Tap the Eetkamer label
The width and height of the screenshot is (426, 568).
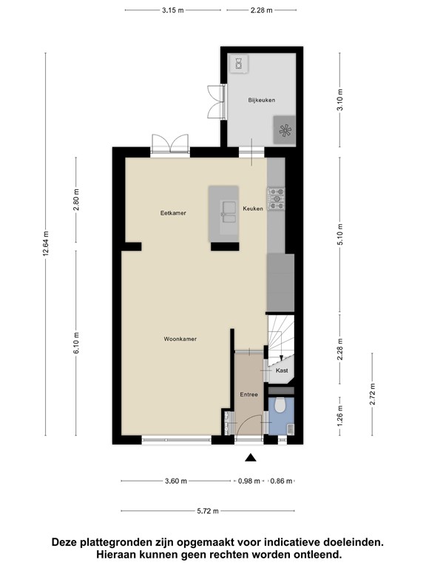[173, 213]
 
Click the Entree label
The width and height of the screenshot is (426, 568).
[248, 394]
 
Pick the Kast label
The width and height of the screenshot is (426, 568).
[282, 371]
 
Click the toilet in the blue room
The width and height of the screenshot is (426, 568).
[280, 406]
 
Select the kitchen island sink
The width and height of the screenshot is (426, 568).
[227, 216]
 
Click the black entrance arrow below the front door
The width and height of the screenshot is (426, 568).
[251, 457]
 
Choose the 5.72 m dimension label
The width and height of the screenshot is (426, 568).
[209, 510]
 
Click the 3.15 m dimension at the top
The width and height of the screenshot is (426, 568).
[172, 11]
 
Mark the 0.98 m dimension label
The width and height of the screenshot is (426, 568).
[249, 481]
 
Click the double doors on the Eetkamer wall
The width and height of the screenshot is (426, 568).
[170, 143]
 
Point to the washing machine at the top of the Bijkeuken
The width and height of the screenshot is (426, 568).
[240, 64]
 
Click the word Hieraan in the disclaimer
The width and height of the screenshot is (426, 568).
[121, 554]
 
